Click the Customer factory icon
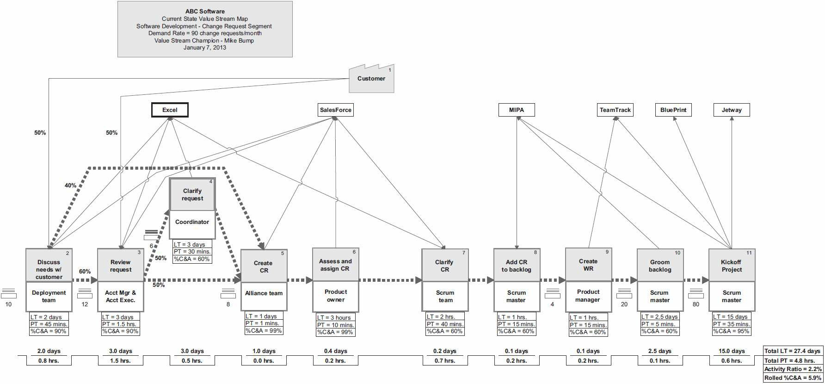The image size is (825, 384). coord(371,79)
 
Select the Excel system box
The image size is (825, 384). coord(170,110)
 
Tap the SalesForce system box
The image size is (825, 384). coord(336,110)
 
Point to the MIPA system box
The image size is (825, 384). coord(517,110)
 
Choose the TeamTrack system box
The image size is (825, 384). coord(615,110)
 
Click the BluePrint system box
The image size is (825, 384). coord(673,110)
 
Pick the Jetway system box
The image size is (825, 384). coord(732,110)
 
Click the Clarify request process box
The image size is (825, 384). coord(192,195)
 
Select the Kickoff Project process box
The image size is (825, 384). coord(732,266)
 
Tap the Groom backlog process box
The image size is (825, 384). coord(660,266)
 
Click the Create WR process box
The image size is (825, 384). coord(588,265)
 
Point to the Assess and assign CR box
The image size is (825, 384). coord(336,265)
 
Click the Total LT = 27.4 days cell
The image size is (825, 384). coord(793,351)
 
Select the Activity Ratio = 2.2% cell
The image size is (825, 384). coord(793,369)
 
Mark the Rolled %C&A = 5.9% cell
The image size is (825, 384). coord(793,378)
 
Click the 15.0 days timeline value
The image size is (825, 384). coord(732,351)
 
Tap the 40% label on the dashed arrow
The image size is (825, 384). coord(70,186)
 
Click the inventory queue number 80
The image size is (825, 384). coord(696,304)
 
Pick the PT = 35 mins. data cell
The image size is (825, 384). coord(731,324)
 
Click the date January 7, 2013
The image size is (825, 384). coord(204,48)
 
